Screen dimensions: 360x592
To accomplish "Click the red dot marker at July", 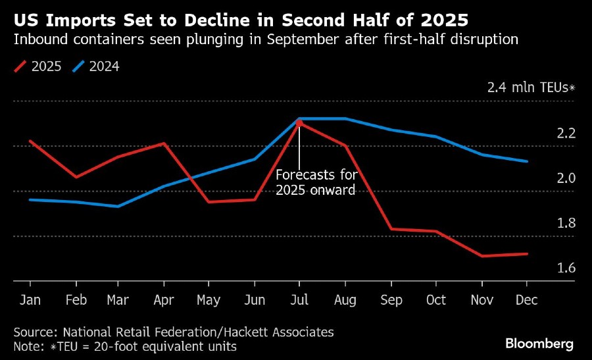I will (x=299, y=123).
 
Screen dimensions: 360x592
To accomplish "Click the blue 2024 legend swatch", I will (x=80, y=66).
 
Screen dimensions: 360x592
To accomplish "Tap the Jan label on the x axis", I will (x=30, y=300).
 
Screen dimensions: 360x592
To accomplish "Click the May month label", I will (x=209, y=300).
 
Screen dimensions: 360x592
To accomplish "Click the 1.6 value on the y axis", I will (x=567, y=268).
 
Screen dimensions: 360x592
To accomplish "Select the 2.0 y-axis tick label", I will (x=567, y=178).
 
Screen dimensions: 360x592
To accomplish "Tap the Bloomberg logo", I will (x=539, y=344).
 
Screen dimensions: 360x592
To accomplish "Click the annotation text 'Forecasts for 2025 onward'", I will (x=316, y=183).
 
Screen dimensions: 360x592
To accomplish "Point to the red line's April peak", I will (x=164, y=143).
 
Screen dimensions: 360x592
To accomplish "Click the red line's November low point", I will (x=482, y=256).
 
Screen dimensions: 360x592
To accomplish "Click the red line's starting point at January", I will (x=30, y=141).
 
